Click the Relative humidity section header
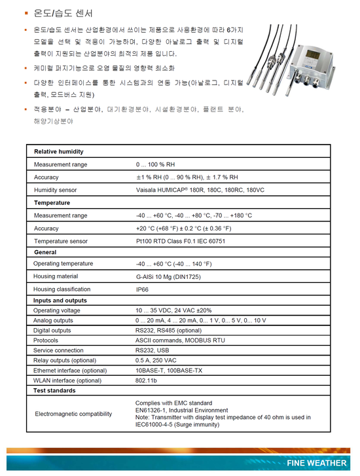[59, 151]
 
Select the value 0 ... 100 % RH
[156, 164]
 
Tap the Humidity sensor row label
[56, 190]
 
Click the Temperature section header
[52, 203]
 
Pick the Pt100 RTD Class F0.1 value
[180, 241]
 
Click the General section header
[45, 252]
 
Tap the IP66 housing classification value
[142, 289]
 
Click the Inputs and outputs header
[60, 301]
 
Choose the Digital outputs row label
[52, 331]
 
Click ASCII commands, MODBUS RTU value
[180, 340]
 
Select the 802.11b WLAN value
[147, 380]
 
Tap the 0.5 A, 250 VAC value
[156, 361]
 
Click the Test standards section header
[55, 391]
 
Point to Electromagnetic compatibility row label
[73, 414]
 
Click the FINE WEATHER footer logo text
[317, 463]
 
